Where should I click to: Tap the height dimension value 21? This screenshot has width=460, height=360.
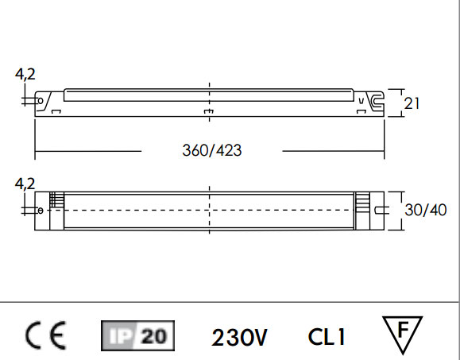point(412,103)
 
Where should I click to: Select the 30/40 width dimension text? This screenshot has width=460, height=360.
point(424,210)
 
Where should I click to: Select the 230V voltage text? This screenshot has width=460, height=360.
point(239,337)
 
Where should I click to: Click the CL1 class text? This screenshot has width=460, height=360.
point(327,337)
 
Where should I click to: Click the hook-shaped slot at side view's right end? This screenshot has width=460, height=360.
point(376,101)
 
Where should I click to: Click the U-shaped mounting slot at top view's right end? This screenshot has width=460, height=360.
point(381,210)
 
